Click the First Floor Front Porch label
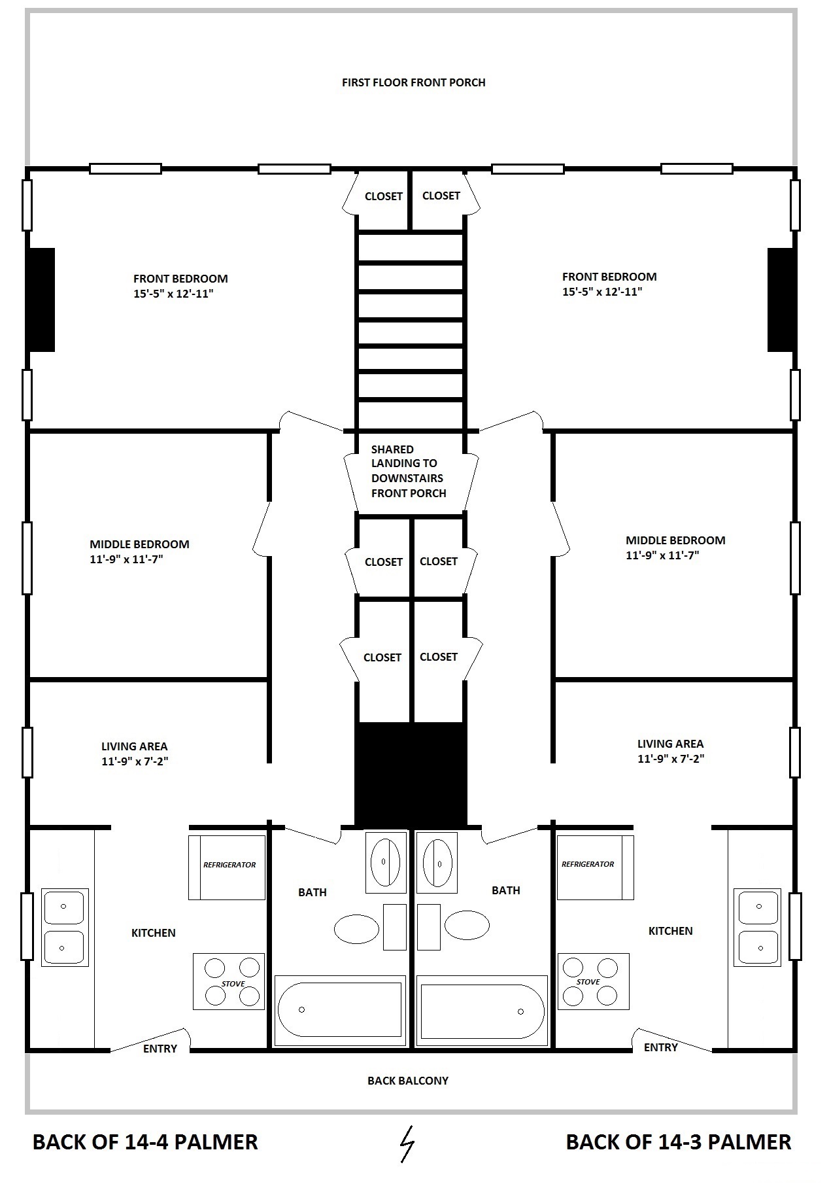(x=414, y=82)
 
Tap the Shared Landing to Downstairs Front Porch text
(x=409, y=471)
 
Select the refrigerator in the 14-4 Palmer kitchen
(x=227, y=867)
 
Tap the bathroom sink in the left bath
(x=385, y=862)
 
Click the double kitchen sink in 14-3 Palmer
(x=757, y=927)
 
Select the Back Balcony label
(x=408, y=1081)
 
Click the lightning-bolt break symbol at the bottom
(x=407, y=1143)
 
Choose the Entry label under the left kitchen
(x=160, y=1049)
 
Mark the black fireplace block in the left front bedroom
(x=40, y=300)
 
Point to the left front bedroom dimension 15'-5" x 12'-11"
(x=174, y=294)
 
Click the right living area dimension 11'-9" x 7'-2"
(x=671, y=759)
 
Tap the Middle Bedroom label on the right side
(x=675, y=540)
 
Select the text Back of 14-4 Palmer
(x=145, y=1142)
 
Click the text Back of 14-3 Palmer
(x=679, y=1142)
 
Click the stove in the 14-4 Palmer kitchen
(x=229, y=981)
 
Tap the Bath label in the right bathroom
(x=506, y=890)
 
